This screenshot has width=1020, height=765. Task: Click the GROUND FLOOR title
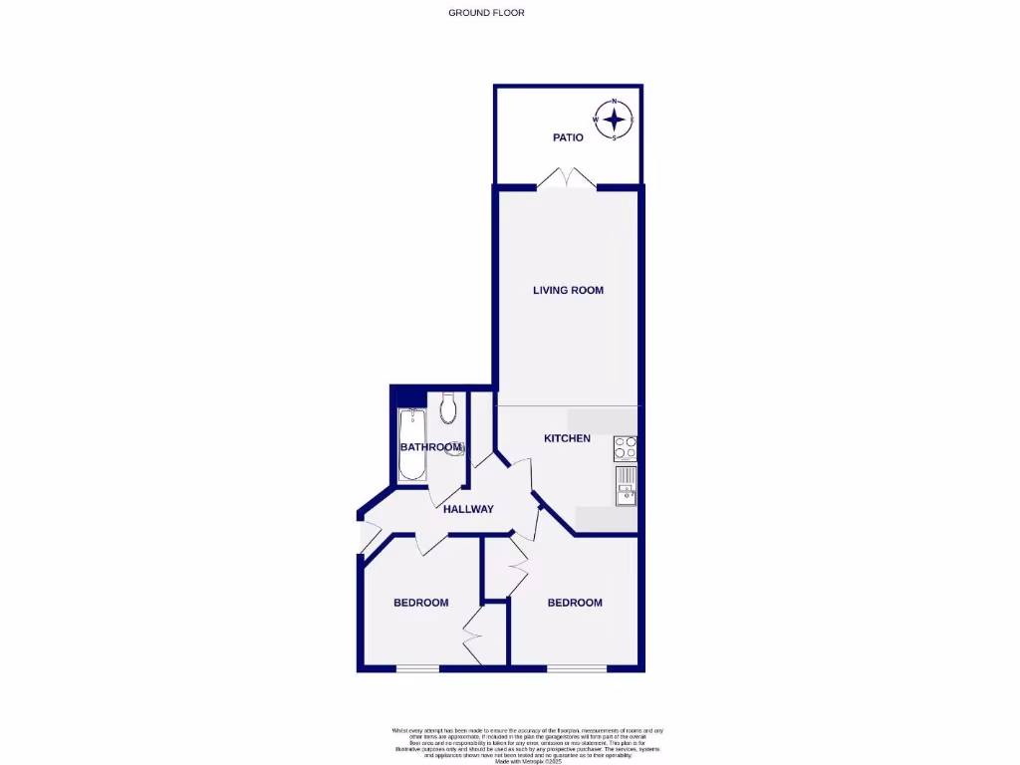pyautogui.click(x=486, y=13)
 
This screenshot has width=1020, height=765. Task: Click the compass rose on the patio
pyautogui.click(x=615, y=120)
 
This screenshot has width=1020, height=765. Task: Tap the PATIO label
pyautogui.click(x=568, y=137)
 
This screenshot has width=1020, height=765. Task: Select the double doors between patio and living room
pyautogui.click(x=567, y=179)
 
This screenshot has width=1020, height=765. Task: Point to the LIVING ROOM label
pyautogui.click(x=568, y=291)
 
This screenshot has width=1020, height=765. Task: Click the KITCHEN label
pyautogui.click(x=567, y=438)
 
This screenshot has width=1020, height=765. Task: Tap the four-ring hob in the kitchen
pyautogui.click(x=626, y=448)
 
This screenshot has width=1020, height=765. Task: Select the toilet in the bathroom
pyautogui.click(x=448, y=405)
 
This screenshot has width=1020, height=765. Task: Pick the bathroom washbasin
pyautogui.click(x=457, y=448)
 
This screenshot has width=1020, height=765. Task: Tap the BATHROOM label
pyautogui.click(x=430, y=448)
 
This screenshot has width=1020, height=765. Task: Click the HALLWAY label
pyautogui.click(x=468, y=509)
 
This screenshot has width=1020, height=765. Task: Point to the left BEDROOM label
pyautogui.click(x=420, y=603)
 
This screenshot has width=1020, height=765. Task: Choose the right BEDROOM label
pyautogui.click(x=575, y=603)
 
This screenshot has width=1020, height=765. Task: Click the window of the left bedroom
pyautogui.click(x=417, y=668)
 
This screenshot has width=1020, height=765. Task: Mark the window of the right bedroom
pyautogui.click(x=576, y=668)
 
